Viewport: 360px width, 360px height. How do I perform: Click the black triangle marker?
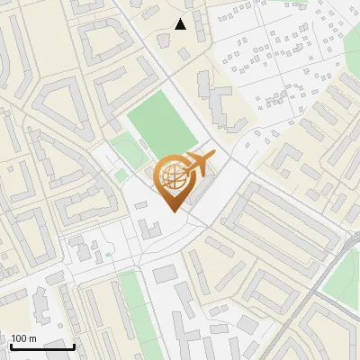click(x=180, y=24)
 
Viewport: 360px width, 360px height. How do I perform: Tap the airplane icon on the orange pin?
click(x=195, y=166)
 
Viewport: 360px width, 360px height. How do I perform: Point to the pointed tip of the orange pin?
click(x=172, y=211)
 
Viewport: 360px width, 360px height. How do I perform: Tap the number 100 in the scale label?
click(x=21, y=338)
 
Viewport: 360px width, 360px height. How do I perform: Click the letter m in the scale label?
click(x=33, y=338)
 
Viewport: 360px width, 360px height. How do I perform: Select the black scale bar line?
click(x=42, y=346)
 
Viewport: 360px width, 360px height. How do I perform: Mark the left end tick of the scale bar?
click(x=12, y=345)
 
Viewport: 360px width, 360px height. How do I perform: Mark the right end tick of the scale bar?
click(x=74, y=345)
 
